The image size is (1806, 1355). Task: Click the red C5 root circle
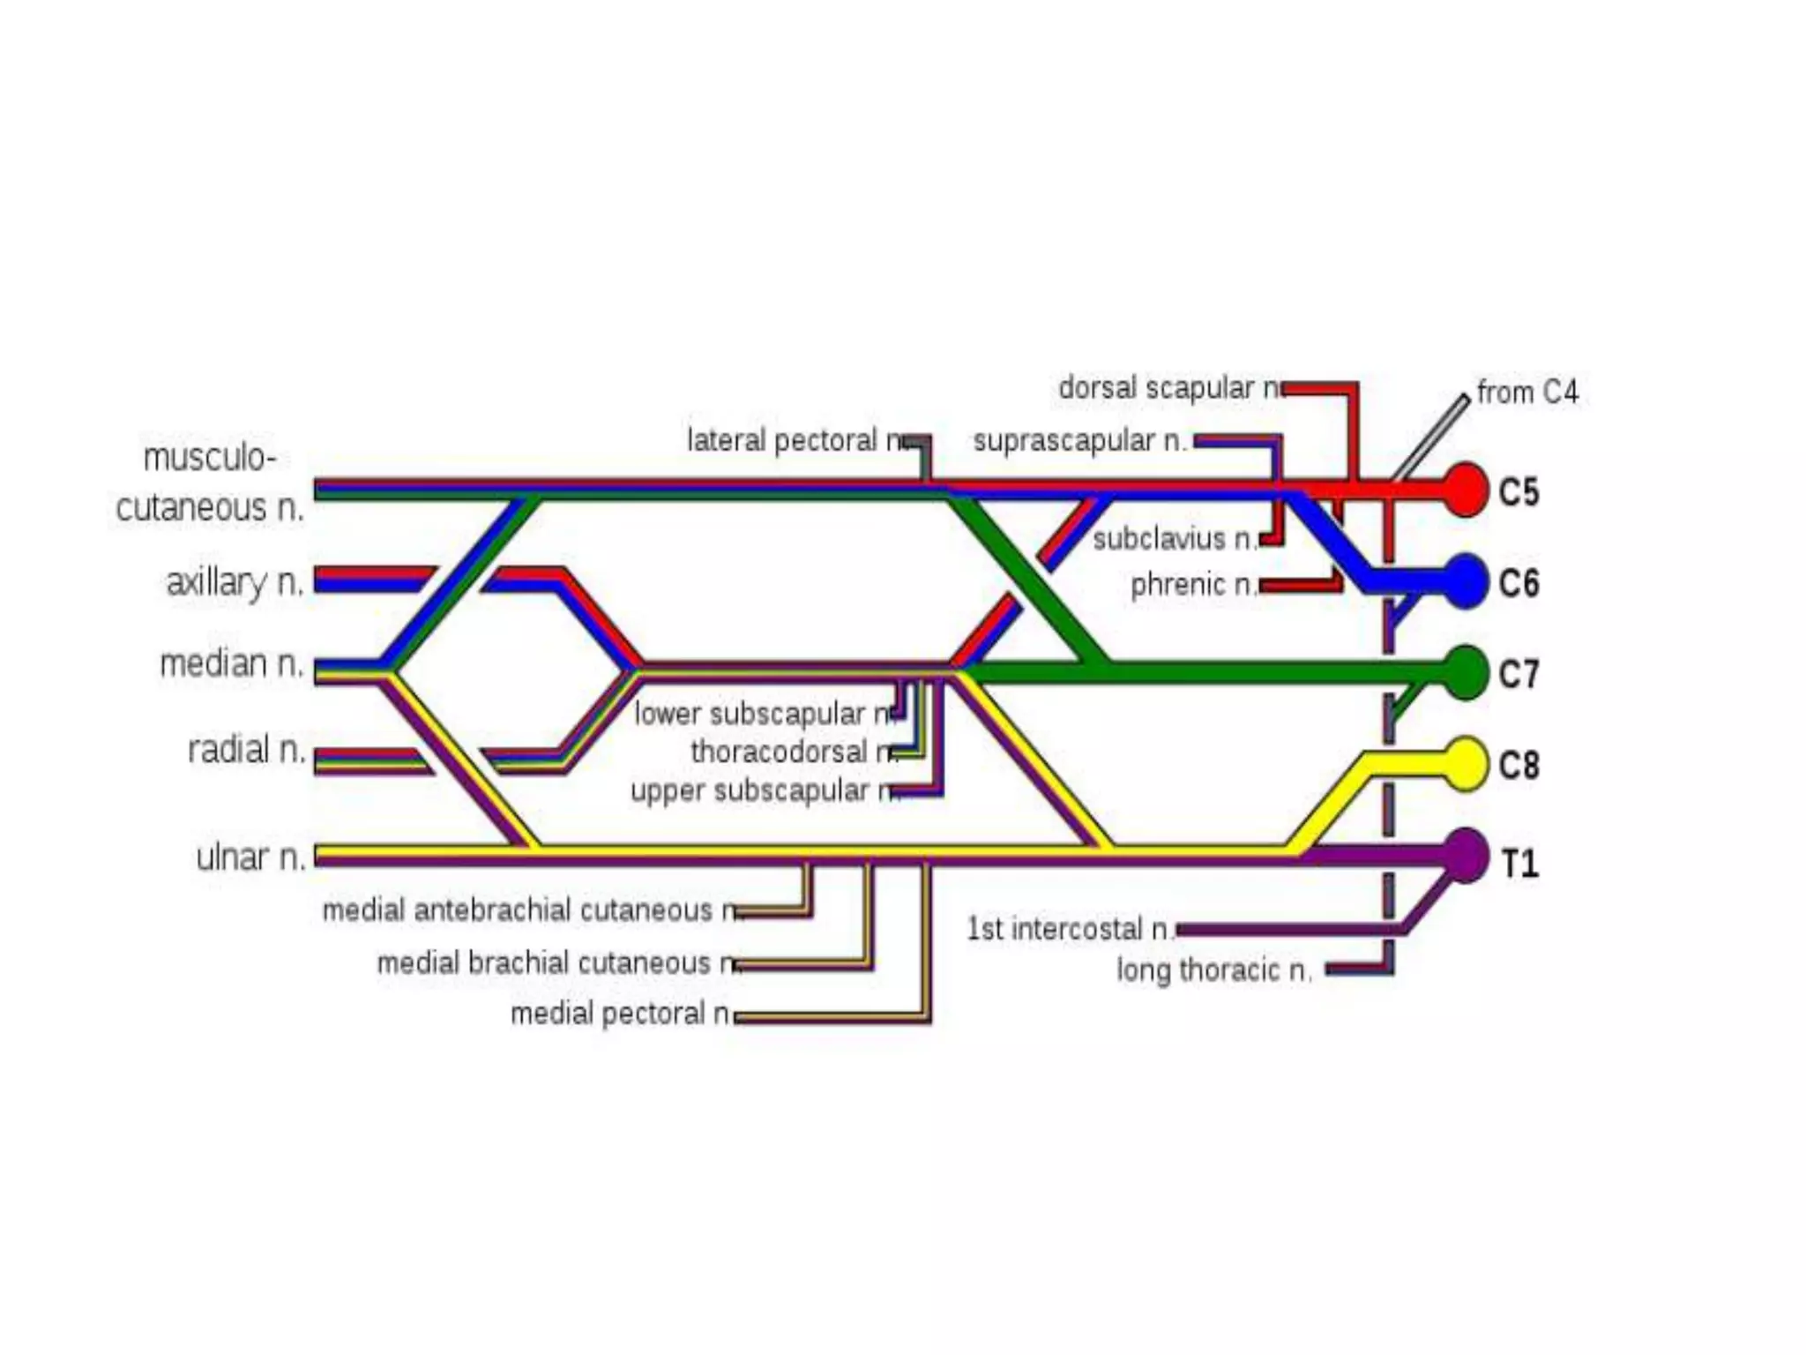[x=1466, y=490]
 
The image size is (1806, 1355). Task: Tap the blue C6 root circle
[x=1466, y=581]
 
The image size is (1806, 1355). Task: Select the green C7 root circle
[x=1466, y=673]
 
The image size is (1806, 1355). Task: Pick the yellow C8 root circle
[x=1466, y=764]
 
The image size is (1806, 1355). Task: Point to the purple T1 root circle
[x=1466, y=855]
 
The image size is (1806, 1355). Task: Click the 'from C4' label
[x=1527, y=392]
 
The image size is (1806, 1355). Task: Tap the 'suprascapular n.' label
[x=1080, y=440]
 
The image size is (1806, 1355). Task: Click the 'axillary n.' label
[x=235, y=582]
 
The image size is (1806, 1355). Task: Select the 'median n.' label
[x=231, y=663]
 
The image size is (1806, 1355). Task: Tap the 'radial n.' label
[x=246, y=750]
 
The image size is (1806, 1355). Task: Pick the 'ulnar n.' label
[x=250, y=857]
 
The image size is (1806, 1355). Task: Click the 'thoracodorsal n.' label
[x=792, y=752]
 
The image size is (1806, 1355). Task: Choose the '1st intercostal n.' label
[x=1070, y=929]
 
